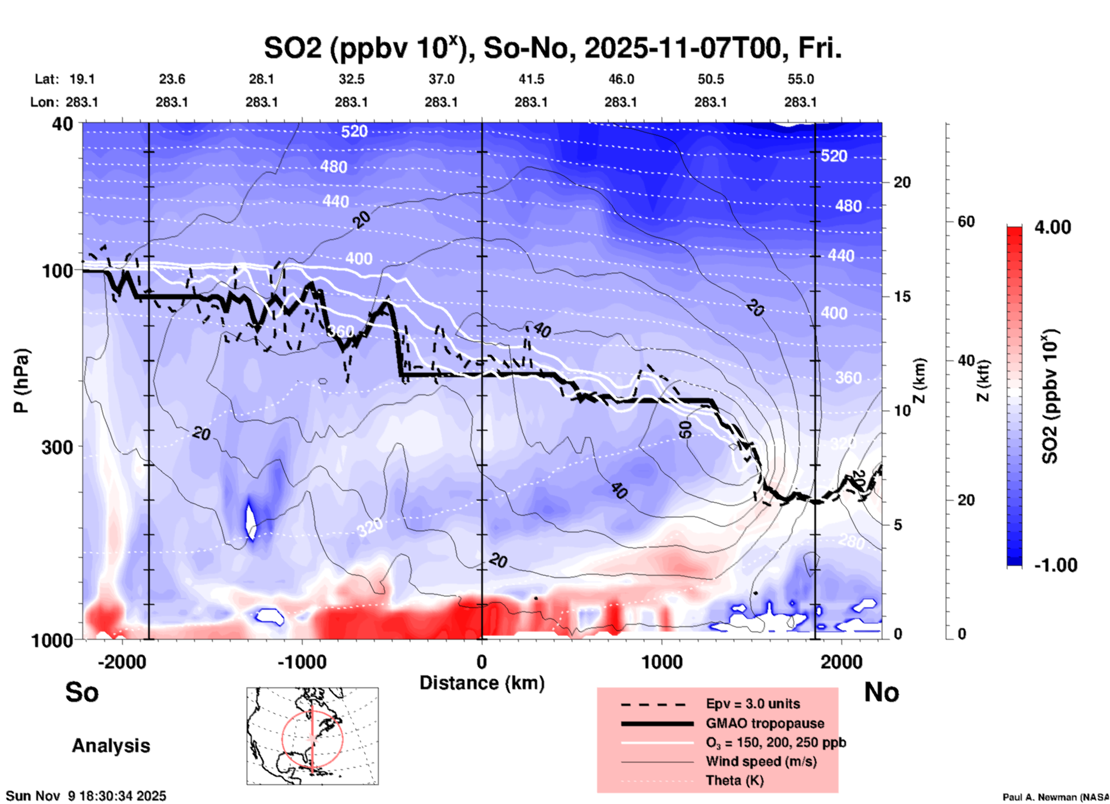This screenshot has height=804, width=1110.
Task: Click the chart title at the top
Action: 552,48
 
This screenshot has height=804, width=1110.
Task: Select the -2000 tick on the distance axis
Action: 122,662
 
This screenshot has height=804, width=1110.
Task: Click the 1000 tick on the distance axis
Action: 662,662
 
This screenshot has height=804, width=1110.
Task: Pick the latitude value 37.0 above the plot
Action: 441,79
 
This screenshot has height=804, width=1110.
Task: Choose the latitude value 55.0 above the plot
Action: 800,79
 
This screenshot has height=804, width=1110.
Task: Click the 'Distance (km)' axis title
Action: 482,683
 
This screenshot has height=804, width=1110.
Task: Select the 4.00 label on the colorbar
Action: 1052,227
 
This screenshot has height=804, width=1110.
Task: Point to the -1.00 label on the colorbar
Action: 1055,565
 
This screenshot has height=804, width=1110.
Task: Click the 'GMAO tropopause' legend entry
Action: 765,723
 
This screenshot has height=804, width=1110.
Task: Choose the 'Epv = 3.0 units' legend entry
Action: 753,704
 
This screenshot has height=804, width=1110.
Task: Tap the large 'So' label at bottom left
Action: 82,692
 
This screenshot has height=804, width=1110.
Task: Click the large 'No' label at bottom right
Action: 881,692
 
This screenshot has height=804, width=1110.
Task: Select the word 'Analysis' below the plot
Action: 111,746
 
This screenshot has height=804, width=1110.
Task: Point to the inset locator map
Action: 312,735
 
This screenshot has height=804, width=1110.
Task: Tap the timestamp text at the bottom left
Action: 86,796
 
